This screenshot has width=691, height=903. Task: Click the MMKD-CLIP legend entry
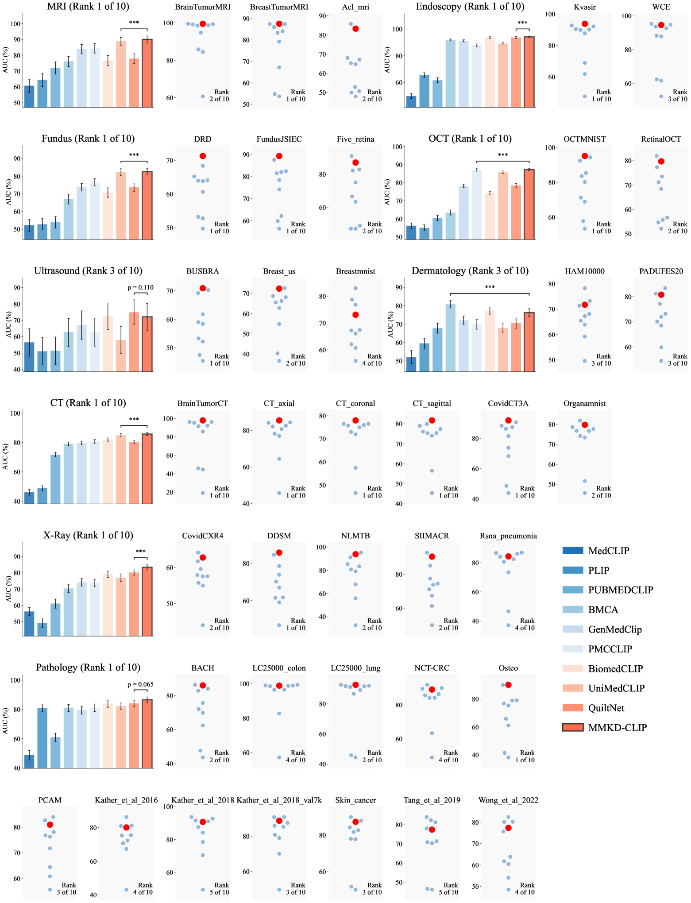617,728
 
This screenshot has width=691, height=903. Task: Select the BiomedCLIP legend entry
615,669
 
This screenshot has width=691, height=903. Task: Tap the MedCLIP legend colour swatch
573,551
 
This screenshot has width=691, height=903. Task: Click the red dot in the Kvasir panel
585,24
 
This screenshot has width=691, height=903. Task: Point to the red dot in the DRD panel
203,156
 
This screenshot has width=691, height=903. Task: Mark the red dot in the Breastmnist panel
355,315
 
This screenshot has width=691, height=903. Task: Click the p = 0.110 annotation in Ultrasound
140,288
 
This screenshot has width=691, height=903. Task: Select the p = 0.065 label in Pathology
140,684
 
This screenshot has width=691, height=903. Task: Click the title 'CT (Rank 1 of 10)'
88,403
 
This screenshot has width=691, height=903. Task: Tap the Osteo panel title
508,668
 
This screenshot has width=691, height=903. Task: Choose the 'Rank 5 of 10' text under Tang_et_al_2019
448,888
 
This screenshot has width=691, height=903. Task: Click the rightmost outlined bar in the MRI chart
147,73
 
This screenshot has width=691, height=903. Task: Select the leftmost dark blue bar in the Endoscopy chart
411,101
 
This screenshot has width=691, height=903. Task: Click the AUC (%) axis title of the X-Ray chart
9,589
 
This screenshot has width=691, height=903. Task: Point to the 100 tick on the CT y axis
15,413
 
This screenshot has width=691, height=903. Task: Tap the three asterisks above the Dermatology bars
490,288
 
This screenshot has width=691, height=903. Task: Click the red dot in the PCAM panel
50,825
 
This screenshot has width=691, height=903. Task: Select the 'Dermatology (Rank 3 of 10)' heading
470,271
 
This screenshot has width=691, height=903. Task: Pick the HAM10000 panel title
584,271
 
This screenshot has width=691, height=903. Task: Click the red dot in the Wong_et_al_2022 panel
508,828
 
